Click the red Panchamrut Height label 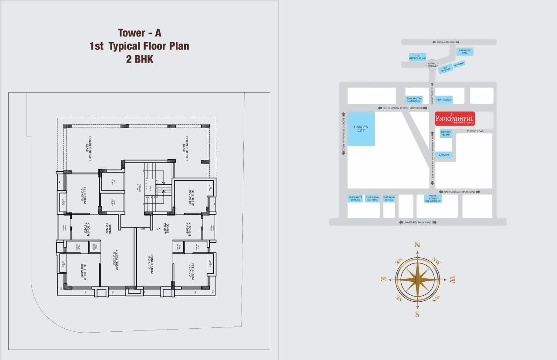(x=455, y=119)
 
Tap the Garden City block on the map (x=361, y=129)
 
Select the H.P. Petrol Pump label (x=417, y=57)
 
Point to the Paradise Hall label (x=464, y=51)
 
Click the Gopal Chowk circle (x=432, y=64)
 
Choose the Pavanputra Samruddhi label (x=413, y=100)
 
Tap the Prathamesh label (x=444, y=100)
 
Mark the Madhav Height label (x=446, y=133)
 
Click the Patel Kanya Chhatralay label (x=433, y=199)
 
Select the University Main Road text (x=418, y=222)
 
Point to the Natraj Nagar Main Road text (x=460, y=191)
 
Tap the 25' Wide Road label (x=475, y=131)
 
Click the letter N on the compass (x=417, y=245)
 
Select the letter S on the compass (x=417, y=314)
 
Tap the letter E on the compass (x=383, y=279)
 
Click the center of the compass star (x=417, y=279)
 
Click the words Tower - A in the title (x=139, y=33)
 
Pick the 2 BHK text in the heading (x=139, y=59)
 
